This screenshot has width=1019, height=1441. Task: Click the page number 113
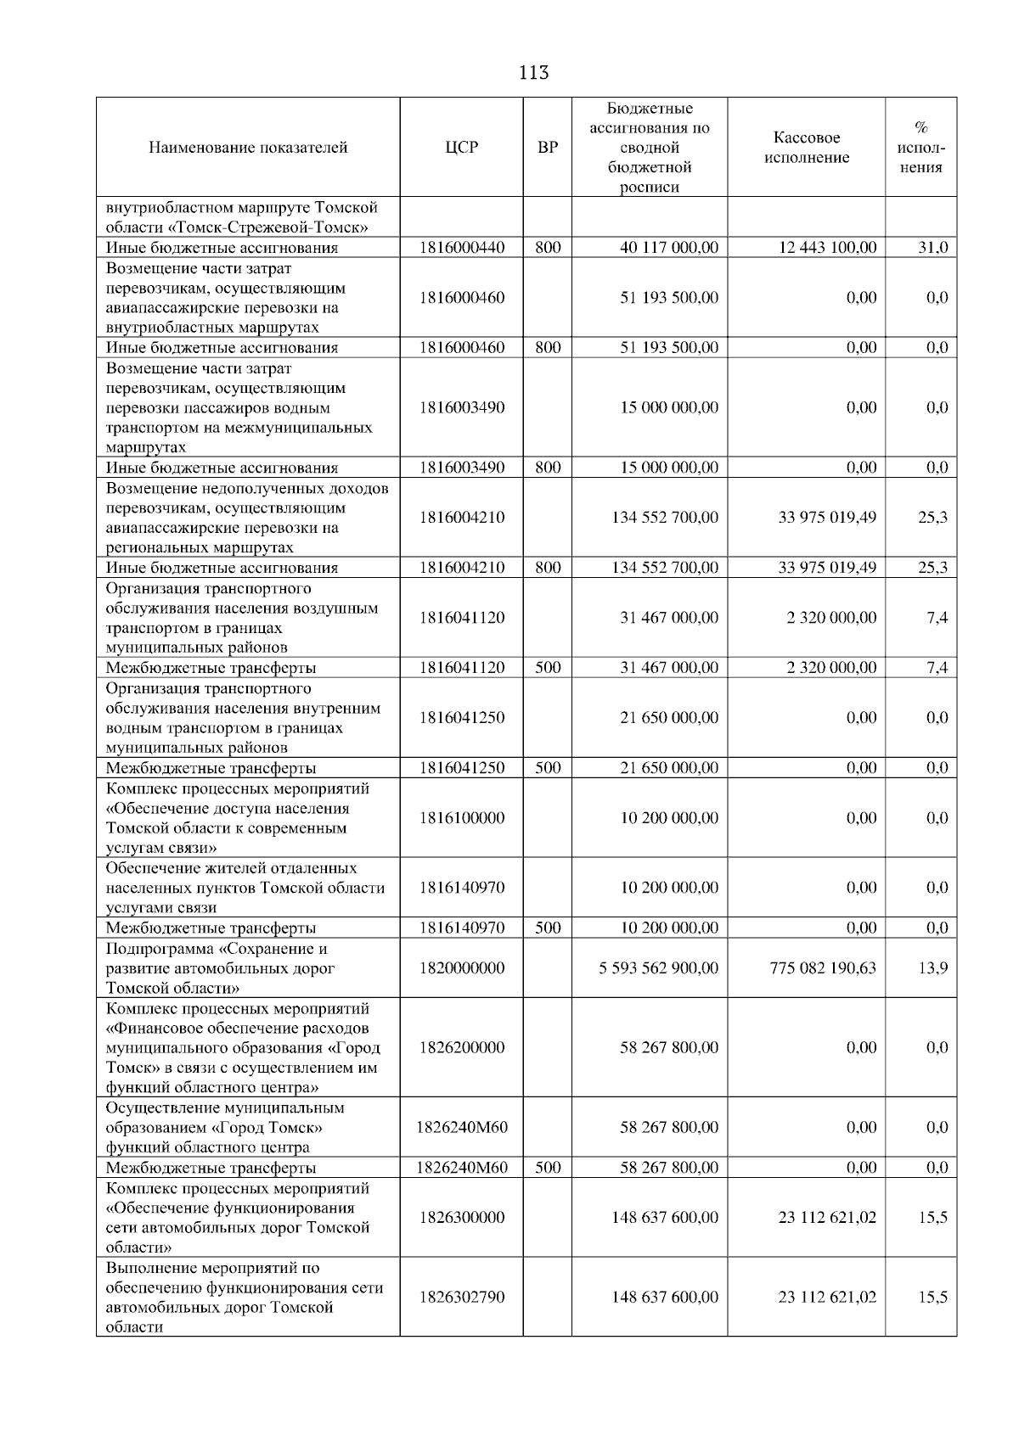(x=533, y=73)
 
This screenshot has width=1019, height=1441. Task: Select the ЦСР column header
(x=462, y=148)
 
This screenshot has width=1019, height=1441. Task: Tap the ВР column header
(x=548, y=148)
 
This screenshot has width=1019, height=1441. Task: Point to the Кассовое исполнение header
(x=806, y=148)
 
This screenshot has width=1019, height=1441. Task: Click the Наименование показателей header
(x=248, y=148)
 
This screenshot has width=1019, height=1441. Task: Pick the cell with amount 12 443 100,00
(x=827, y=248)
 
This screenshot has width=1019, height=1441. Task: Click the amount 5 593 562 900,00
(x=658, y=967)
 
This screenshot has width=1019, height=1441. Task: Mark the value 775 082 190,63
(x=823, y=967)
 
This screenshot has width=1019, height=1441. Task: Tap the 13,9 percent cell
(x=933, y=967)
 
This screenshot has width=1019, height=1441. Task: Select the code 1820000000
(x=462, y=967)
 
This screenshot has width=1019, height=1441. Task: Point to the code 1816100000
(x=462, y=818)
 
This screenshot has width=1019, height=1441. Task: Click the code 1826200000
(x=462, y=1047)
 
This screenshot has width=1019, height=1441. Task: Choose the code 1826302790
(x=462, y=1297)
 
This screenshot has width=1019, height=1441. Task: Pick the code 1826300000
(x=462, y=1217)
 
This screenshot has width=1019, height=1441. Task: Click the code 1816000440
(x=462, y=248)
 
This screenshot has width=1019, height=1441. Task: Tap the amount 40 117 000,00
(x=669, y=248)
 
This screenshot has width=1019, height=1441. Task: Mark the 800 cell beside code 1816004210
(x=548, y=568)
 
